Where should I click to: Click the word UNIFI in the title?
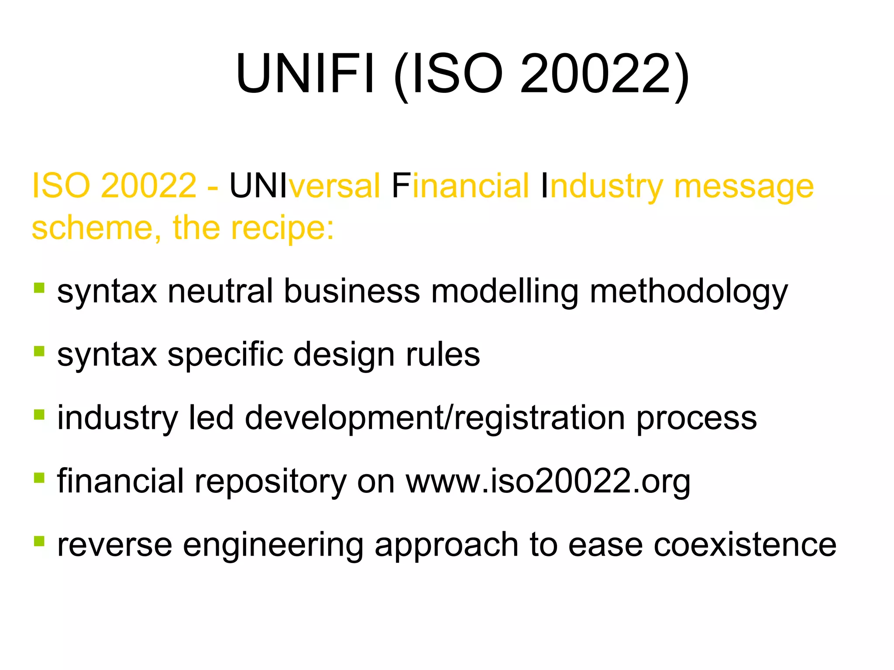coord(305,73)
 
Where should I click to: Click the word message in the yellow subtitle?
coord(744,186)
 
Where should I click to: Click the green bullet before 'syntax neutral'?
coord(39,288)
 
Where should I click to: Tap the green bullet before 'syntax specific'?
coord(39,351)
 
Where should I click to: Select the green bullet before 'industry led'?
coord(39,414)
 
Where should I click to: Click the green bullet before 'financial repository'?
coord(39,477)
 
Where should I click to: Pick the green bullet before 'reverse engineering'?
coord(39,541)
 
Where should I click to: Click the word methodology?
coord(689,292)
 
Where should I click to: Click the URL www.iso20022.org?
coord(548,482)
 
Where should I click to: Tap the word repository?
coord(270,482)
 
